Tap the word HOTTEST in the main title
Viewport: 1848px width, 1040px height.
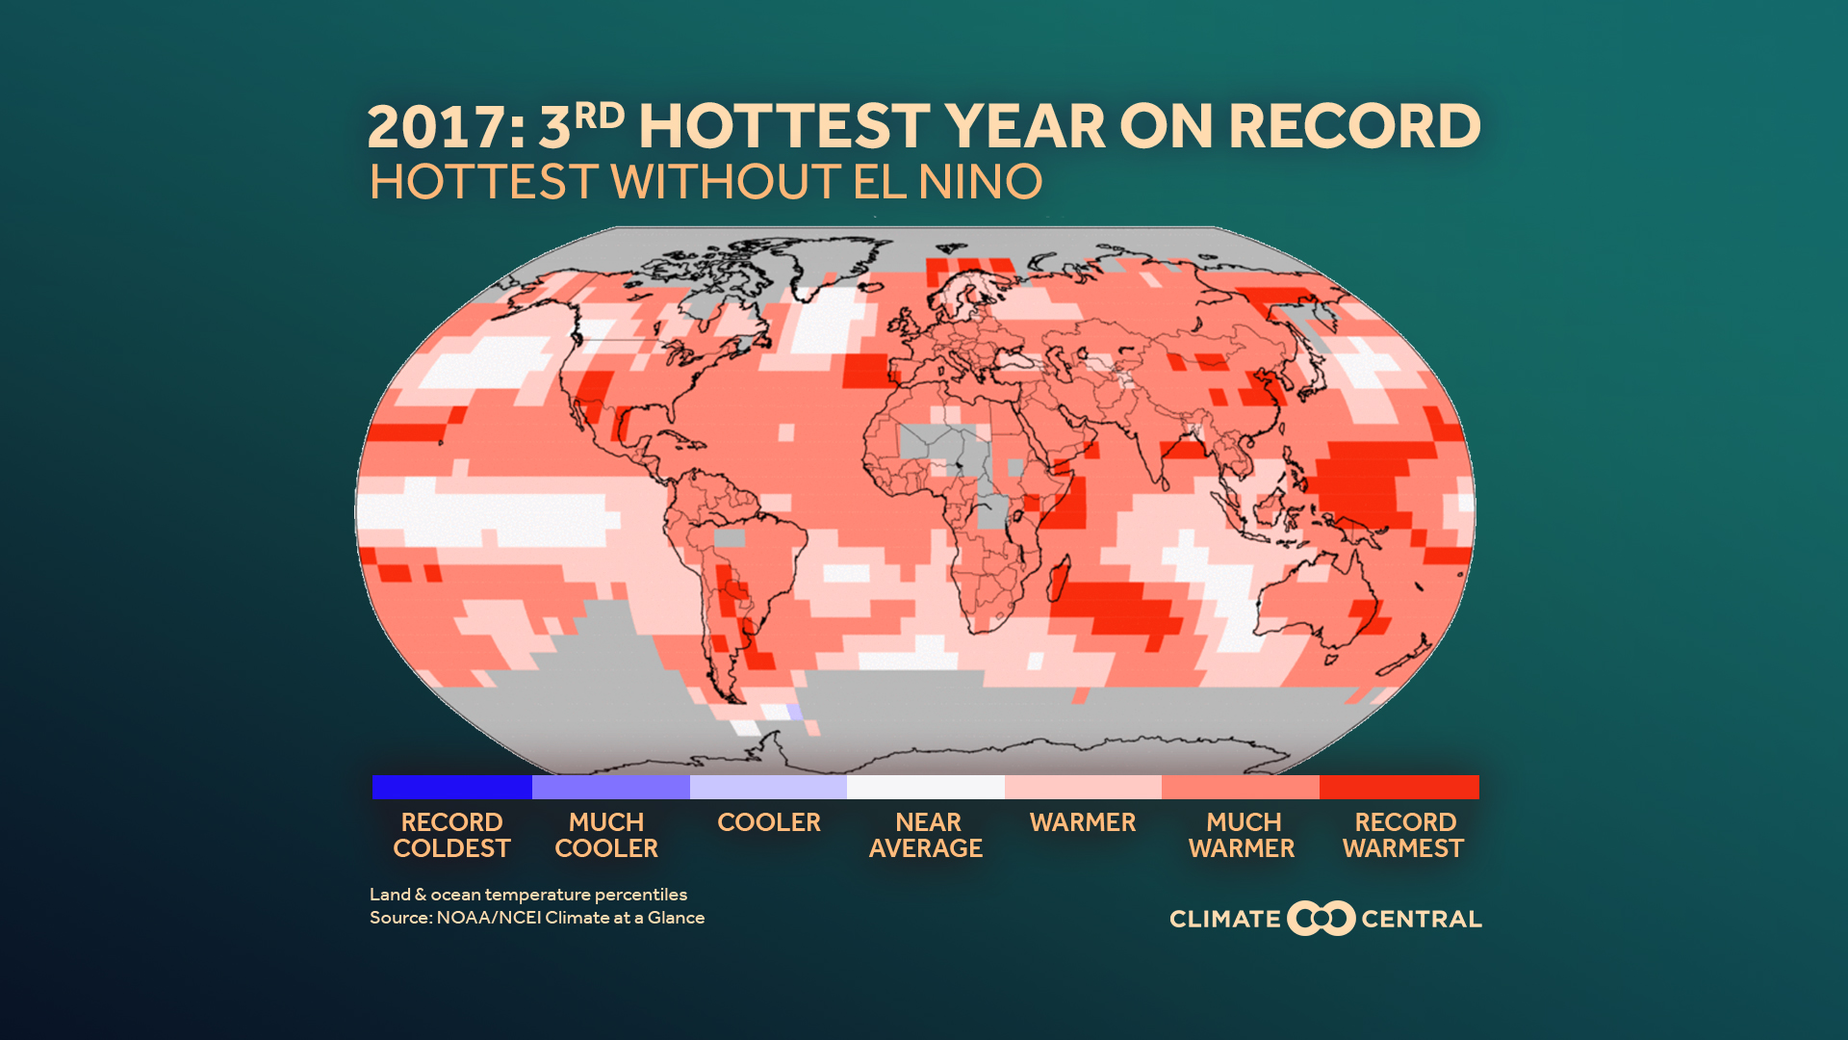(x=784, y=127)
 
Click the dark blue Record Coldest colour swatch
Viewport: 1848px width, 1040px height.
(x=451, y=787)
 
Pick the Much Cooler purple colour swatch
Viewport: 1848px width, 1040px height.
(x=610, y=787)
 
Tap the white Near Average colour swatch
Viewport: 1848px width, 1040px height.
(x=925, y=787)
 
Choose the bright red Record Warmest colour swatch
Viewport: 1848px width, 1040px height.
(x=1399, y=787)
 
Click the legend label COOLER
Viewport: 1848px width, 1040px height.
(x=768, y=822)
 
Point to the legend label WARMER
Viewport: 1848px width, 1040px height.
(x=1082, y=822)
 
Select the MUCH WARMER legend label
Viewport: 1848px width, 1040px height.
(x=1242, y=835)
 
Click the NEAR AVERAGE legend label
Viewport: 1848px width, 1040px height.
(x=925, y=835)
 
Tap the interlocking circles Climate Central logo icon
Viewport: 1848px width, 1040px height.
(x=1321, y=918)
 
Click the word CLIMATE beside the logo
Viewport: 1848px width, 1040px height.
(x=1224, y=919)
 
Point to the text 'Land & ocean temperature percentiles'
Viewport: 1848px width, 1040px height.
(x=527, y=895)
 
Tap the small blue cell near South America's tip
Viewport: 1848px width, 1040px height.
(x=794, y=713)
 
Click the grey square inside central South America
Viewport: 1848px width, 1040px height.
(x=730, y=537)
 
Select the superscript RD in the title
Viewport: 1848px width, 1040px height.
(x=599, y=116)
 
